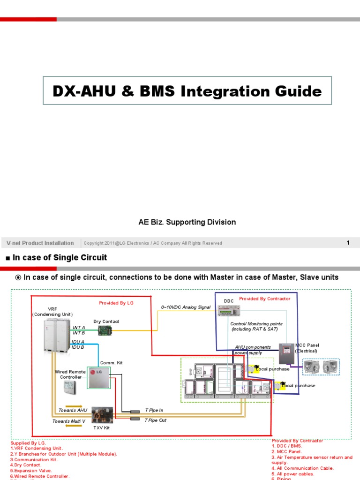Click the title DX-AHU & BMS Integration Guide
pyautogui.click(x=187, y=91)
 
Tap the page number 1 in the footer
pyautogui.click(x=348, y=242)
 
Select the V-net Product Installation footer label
pyautogui.click(x=40, y=243)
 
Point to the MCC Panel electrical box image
pyautogui.click(x=285, y=353)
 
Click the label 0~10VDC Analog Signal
pyautogui.click(x=186, y=307)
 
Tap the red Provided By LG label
pyautogui.click(x=116, y=303)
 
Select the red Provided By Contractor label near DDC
pyautogui.click(x=264, y=299)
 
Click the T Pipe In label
pyautogui.click(x=154, y=410)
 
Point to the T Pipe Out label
pyautogui.click(x=156, y=420)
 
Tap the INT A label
pyautogui.click(x=79, y=327)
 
